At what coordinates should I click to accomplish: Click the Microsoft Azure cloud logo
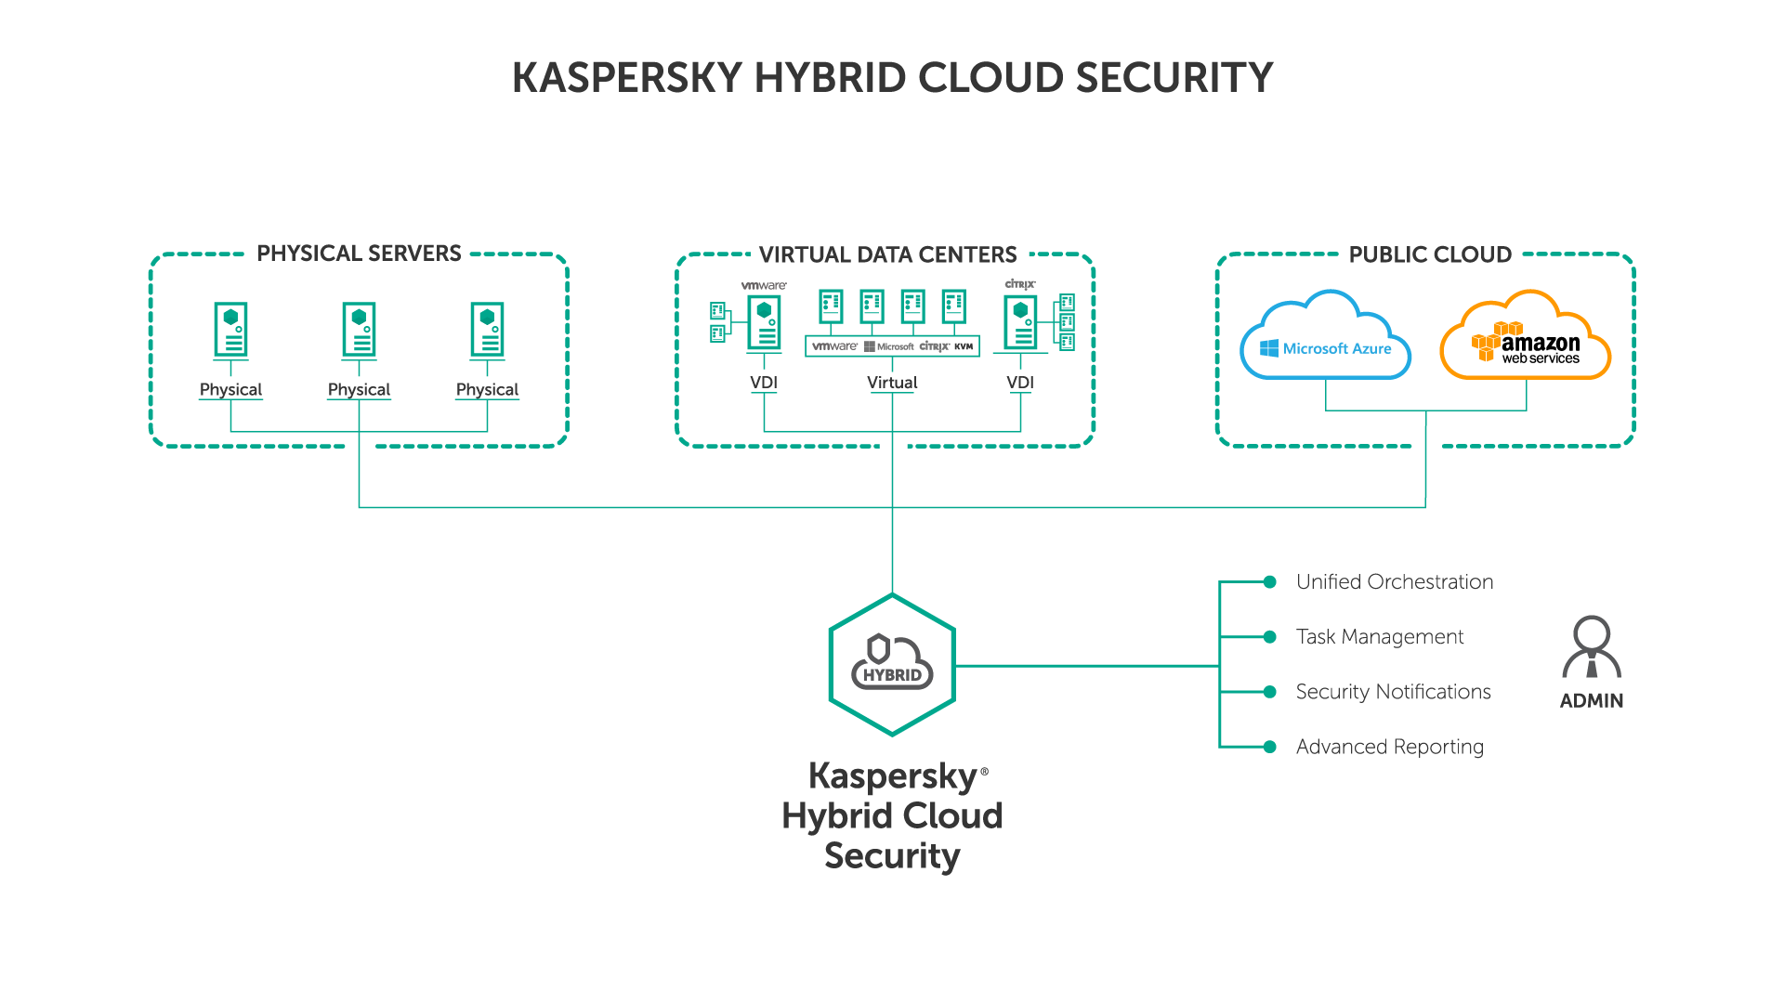coord(1326,339)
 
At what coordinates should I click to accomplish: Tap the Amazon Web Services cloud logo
coord(1525,339)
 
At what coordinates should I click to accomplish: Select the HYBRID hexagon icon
coord(892,665)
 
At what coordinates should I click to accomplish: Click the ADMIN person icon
coord(1592,647)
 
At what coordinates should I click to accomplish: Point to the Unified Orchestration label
coord(1394,582)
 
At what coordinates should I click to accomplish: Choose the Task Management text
coord(1380,637)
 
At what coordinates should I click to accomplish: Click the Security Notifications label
coord(1393,692)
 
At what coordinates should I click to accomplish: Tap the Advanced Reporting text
coord(1389,747)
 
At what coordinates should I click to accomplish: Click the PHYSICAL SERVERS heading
coord(359,254)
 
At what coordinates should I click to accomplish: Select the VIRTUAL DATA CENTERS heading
coord(887,254)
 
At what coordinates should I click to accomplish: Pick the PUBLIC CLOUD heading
coord(1430,254)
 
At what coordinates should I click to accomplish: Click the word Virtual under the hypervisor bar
coord(892,383)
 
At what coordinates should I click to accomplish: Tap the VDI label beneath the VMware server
coord(764,383)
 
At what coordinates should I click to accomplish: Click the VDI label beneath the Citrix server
coord(1020,383)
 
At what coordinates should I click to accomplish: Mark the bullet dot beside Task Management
coord(1269,637)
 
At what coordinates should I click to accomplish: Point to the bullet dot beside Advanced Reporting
coord(1269,747)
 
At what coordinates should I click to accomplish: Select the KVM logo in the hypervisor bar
coord(964,346)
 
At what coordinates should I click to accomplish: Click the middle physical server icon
coord(359,330)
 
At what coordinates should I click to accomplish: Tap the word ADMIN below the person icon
coord(1592,701)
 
